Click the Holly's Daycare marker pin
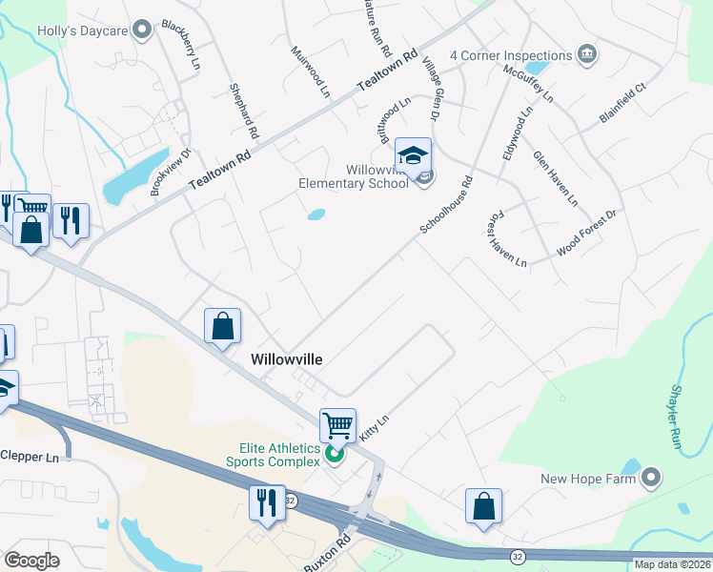(x=144, y=30)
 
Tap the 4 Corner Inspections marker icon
(x=587, y=55)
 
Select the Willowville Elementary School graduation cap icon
(x=414, y=156)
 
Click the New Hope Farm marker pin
(x=652, y=478)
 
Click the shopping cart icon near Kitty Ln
(x=337, y=425)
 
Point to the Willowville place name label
(x=286, y=359)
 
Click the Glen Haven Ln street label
(x=556, y=178)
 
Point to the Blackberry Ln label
(x=181, y=45)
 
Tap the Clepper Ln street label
(x=29, y=457)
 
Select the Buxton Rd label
(x=328, y=554)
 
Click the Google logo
(x=32, y=560)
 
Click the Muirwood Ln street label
(x=309, y=72)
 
